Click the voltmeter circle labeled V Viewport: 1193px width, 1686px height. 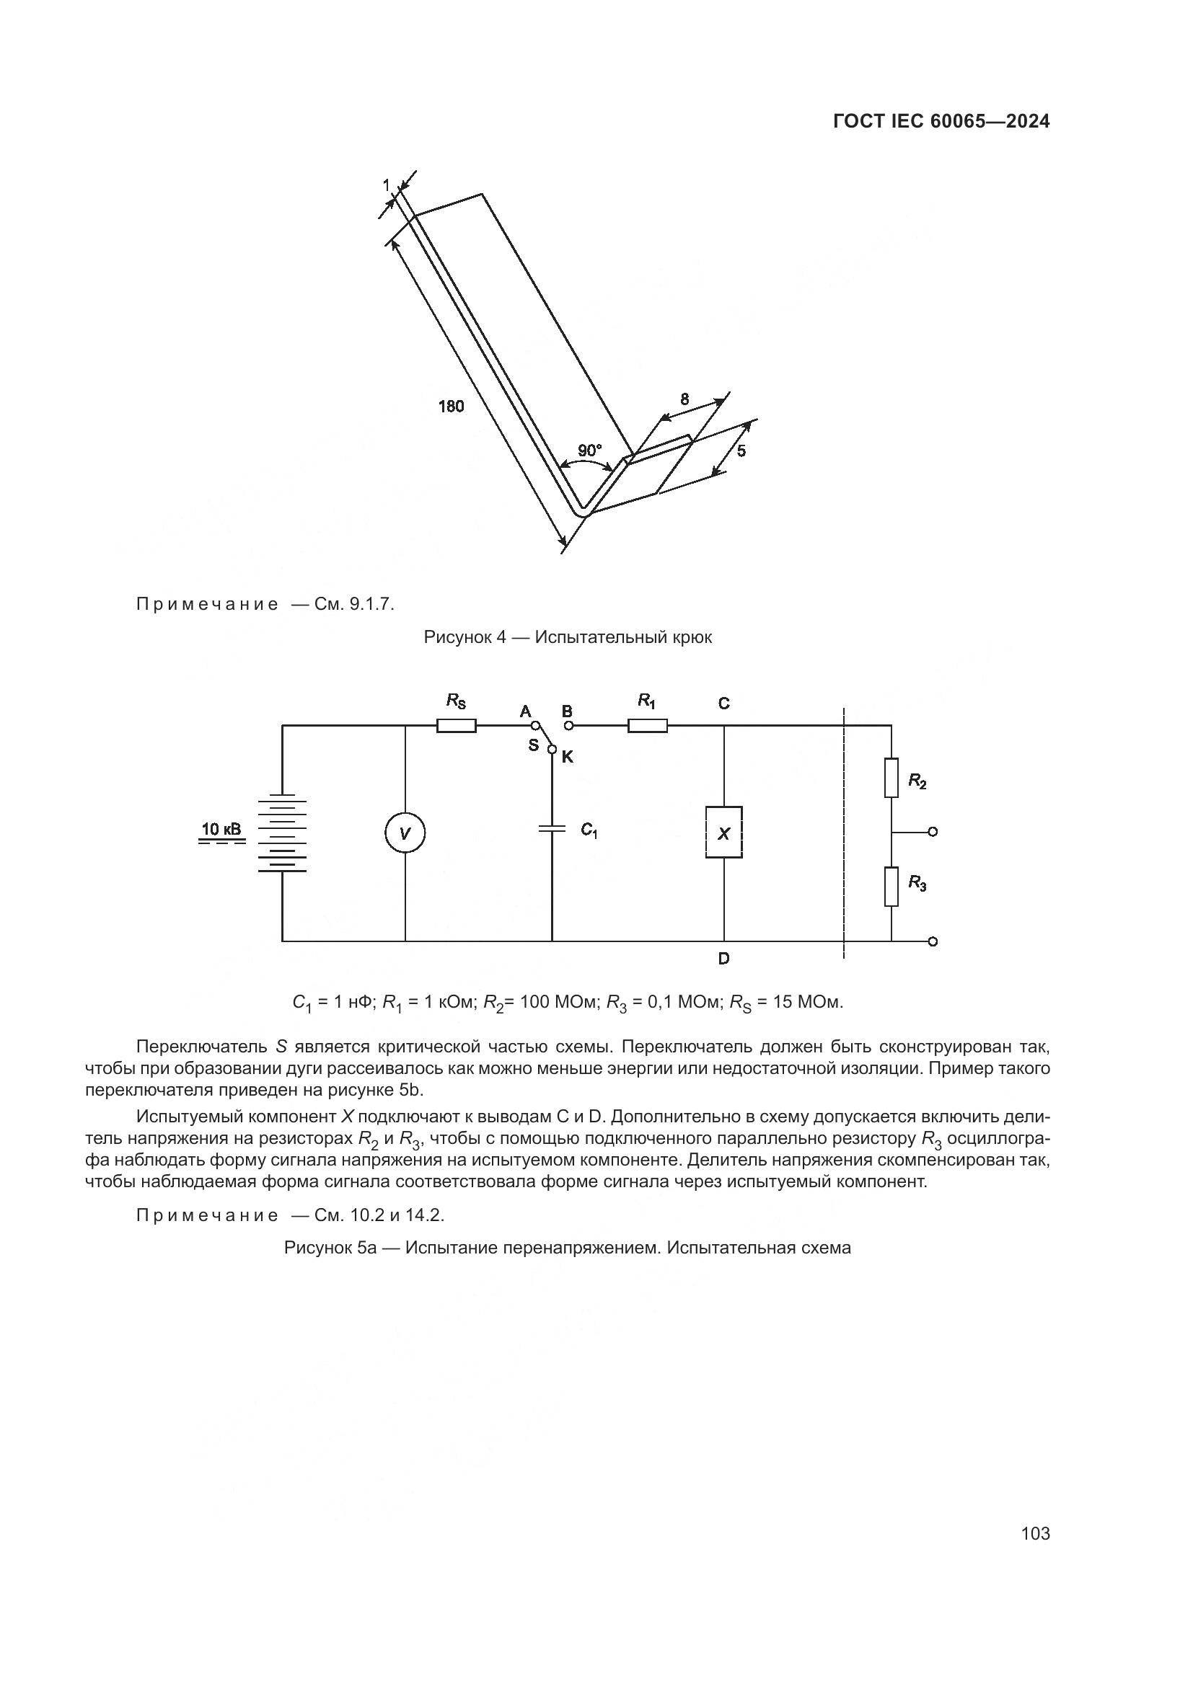(x=405, y=833)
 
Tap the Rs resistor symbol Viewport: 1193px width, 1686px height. (x=456, y=726)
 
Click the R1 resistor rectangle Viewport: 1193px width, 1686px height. (x=647, y=726)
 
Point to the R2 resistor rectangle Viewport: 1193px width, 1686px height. (x=891, y=778)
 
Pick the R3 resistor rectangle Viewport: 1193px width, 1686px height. (x=891, y=887)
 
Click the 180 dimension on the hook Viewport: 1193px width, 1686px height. (x=451, y=406)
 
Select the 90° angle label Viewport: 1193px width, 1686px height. (x=589, y=451)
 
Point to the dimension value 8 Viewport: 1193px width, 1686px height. (x=684, y=399)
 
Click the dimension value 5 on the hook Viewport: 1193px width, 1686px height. (x=741, y=451)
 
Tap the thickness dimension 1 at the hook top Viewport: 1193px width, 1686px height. (x=387, y=186)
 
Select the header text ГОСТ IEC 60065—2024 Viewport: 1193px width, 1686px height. (x=942, y=122)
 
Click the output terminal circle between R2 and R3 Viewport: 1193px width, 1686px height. (x=933, y=832)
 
